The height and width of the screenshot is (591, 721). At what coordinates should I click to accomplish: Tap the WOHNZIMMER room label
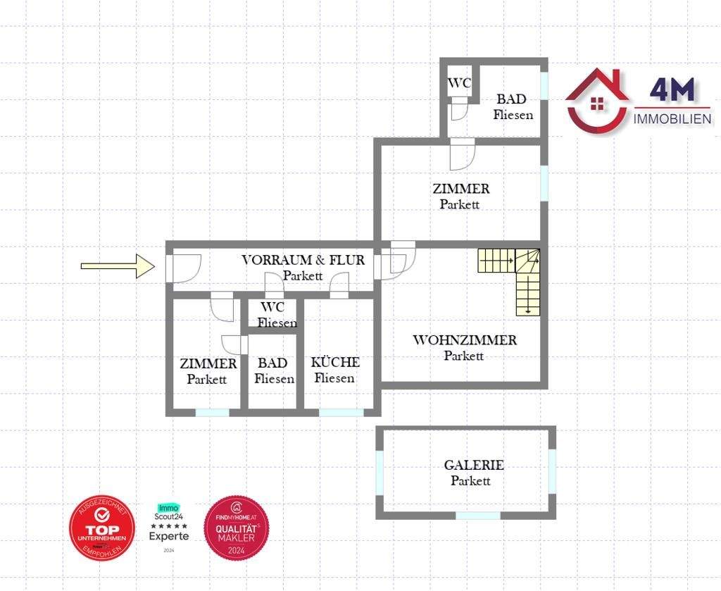point(464,340)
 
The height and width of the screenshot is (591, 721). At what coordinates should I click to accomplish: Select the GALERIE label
point(473,466)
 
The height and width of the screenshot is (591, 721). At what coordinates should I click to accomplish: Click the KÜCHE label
point(335,363)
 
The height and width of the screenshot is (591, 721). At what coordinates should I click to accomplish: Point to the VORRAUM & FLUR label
point(303,260)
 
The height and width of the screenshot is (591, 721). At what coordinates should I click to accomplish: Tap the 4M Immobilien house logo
point(597,100)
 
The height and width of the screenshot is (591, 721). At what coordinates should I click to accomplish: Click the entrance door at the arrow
point(183,268)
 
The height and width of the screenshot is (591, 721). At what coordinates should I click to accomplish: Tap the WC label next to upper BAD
point(459,83)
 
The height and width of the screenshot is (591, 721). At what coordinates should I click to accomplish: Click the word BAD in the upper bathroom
point(511,99)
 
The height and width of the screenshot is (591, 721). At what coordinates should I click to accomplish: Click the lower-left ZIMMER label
point(208,363)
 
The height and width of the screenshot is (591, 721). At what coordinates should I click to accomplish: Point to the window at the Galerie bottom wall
point(477,516)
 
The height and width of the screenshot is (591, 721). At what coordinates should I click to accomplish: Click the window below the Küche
point(341,412)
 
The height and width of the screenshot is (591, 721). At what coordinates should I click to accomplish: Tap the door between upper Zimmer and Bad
point(463,154)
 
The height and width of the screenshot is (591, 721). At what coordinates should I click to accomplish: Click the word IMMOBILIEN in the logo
point(672,119)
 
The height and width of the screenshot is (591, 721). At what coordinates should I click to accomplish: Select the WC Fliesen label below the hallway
point(272,315)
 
